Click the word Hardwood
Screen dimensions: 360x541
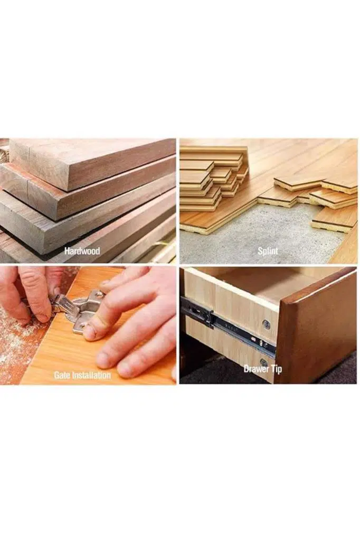point(82,251)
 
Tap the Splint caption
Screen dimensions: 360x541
point(268,251)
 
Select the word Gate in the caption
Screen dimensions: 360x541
point(62,376)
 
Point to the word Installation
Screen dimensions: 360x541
point(91,376)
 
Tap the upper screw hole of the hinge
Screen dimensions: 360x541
point(100,294)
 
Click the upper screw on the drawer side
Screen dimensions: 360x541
point(266,324)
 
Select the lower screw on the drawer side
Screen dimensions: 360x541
point(264,362)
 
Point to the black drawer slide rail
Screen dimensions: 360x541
point(228,327)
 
